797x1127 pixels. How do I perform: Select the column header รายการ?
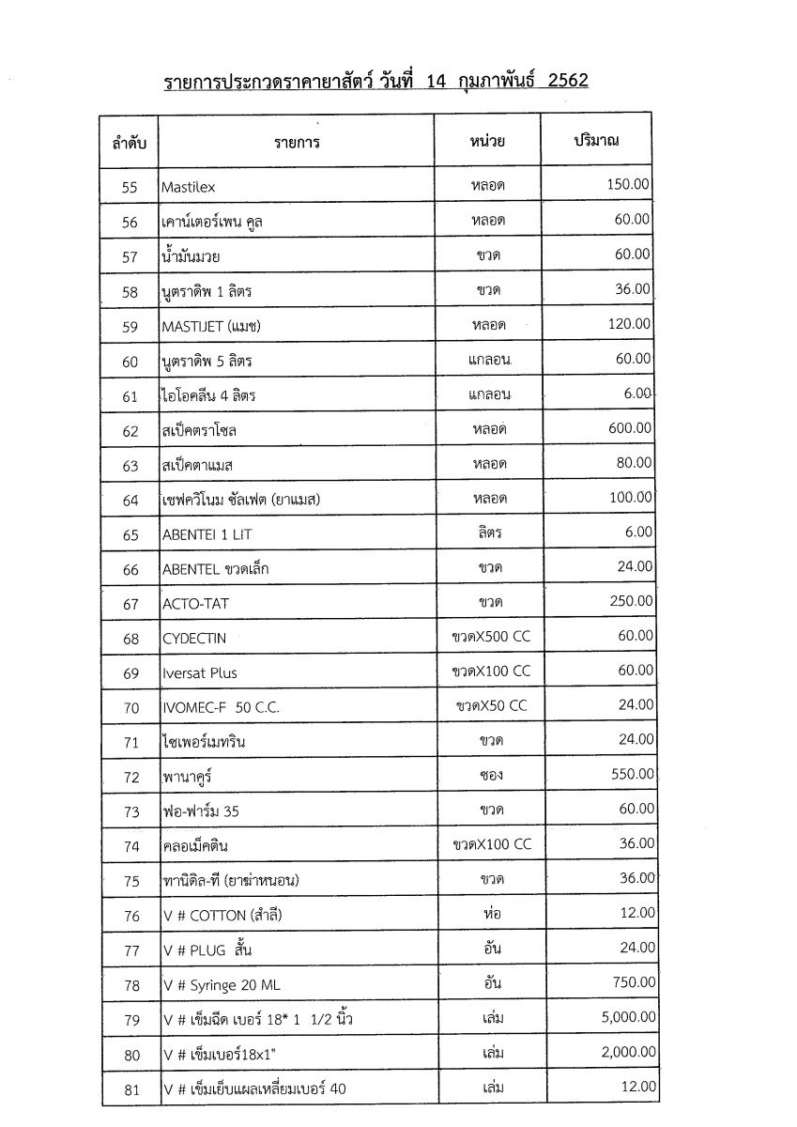pyautogui.click(x=297, y=143)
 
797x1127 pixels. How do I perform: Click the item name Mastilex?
pyautogui.click(x=188, y=188)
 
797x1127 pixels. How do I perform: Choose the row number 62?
pyautogui.click(x=130, y=431)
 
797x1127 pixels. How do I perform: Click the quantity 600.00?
pyautogui.click(x=629, y=428)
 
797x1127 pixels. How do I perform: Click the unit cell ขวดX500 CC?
pyautogui.click(x=490, y=637)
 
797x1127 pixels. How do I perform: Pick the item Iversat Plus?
pyautogui.click(x=199, y=673)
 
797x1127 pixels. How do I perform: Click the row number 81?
pyautogui.click(x=130, y=1090)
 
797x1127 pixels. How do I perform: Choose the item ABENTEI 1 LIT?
pyautogui.click(x=207, y=534)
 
